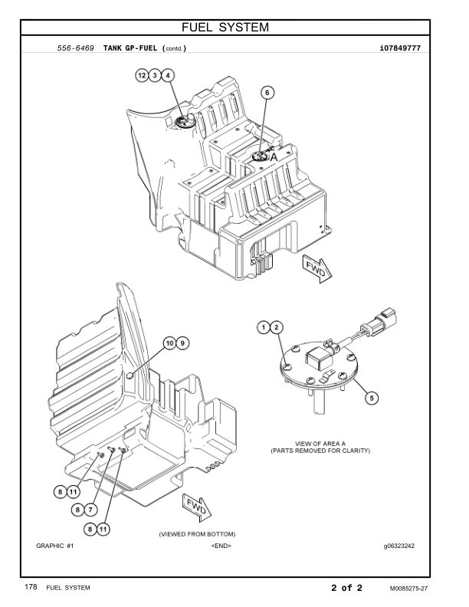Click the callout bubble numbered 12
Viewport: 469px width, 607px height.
pyautogui.click(x=142, y=75)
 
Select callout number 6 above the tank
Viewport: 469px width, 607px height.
pyautogui.click(x=267, y=92)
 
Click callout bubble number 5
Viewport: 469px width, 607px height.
pyautogui.click(x=372, y=398)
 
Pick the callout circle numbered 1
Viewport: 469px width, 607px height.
pyautogui.click(x=264, y=328)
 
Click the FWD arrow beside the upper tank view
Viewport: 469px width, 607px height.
pyautogui.click(x=316, y=269)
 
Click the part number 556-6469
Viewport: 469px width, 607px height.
pyautogui.click(x=76, y=48)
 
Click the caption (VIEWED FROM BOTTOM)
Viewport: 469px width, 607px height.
pyautogui.click(x=197, y=533)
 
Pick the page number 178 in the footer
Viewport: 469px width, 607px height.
pyautogui.click(x=31, y=588)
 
